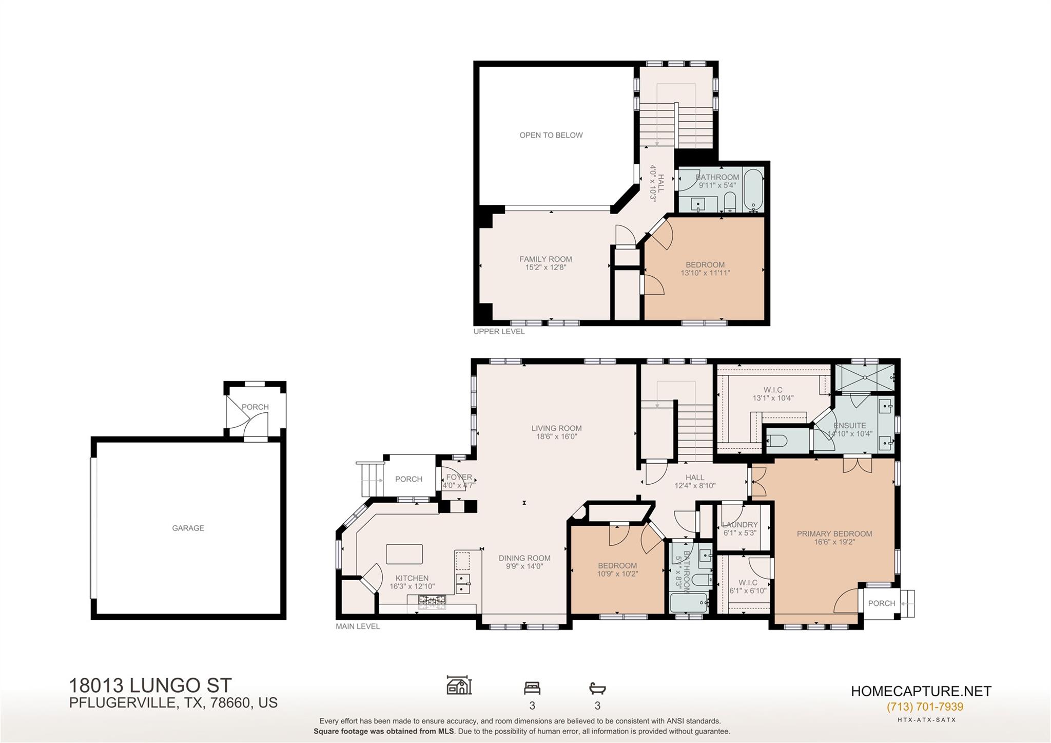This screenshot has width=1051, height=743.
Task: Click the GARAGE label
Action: pos(188,528)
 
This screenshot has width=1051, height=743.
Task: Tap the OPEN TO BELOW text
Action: pos(551,135)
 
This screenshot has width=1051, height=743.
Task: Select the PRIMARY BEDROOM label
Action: pos(834,534)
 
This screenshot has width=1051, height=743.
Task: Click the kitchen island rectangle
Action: pos(404,554)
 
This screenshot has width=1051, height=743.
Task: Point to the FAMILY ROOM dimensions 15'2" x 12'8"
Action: pos(545,268)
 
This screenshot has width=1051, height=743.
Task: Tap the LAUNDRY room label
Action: pos(739,524)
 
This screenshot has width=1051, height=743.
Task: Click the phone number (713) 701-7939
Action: pos(925,707)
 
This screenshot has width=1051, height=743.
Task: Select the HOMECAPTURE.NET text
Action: pos(921,691)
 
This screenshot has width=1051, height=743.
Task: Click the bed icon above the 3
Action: pos(532,688)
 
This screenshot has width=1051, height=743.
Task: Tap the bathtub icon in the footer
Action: pos(597,688)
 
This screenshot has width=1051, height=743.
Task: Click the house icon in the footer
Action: pos(459,685)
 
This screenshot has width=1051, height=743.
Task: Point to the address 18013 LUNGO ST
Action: pos(150,685)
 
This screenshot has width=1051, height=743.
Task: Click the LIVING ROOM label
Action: pos(556,428)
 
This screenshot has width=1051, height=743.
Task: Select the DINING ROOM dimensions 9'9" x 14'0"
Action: pos(524,566)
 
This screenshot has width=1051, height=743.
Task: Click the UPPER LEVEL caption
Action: pos(499,332)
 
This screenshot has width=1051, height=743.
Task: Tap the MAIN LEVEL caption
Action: pos(358,626)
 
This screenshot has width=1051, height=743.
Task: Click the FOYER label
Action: pos(459,477)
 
